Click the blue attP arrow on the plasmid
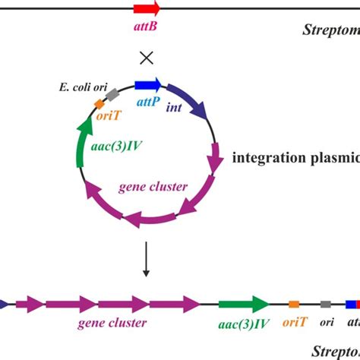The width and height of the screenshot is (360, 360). (147, 85)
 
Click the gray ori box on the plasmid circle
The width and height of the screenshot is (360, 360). (112, 94)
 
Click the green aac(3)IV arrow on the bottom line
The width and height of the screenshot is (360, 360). (244, 304)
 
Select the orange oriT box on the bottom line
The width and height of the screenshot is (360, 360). (294, 304)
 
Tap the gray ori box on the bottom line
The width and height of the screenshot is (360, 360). (325, 304)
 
